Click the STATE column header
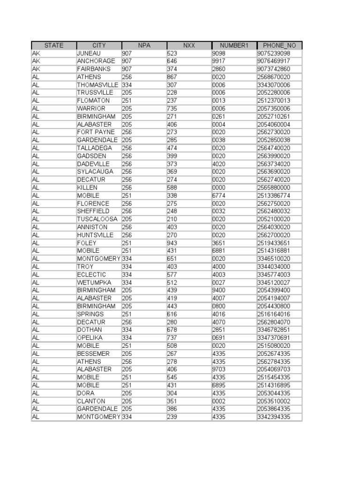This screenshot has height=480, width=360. click(53, 45)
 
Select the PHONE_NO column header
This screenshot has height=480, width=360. click(279, 45)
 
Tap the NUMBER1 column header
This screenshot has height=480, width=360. click(234, 45)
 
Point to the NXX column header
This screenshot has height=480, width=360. click(189, 45)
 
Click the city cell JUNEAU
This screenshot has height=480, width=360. click(89, 53)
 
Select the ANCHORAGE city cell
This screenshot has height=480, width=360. click(96, 61)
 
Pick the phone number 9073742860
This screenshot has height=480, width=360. click(274, 69)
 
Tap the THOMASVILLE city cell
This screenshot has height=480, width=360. click(97, 85)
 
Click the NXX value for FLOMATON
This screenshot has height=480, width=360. click(172, 101)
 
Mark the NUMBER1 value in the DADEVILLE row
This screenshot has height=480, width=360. click(219, 164)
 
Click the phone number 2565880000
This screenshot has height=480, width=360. click(274, 187)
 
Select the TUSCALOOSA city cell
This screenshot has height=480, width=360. click(97, 219)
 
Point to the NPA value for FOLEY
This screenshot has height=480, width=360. click(127, 243)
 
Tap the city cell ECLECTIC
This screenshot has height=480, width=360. click(91, 275)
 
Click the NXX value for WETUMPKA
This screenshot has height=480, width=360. click(172, 283)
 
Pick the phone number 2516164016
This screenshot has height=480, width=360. click(274, 314)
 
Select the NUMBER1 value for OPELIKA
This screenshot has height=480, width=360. click(219, 338)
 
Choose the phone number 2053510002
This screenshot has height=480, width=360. click(274, 401)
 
